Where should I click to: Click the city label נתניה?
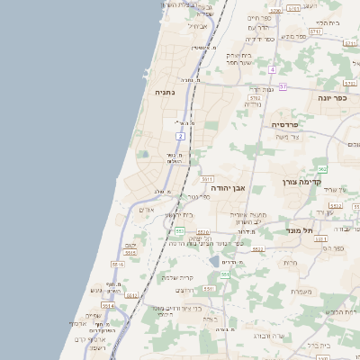tap(164, 92)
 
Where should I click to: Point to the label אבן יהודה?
tap(228, 187)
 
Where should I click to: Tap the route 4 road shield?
tap(273, 69)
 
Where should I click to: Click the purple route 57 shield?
tap(283, 86)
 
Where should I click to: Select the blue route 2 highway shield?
tap(180, 136)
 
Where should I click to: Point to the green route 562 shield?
tap(322, 169)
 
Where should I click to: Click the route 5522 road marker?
tap(258, 248)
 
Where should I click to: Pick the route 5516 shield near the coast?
tap(118, 265)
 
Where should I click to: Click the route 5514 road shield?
tap(108, 306)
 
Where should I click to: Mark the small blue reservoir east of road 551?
tap(213, 262)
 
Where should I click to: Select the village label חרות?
tap(290, 262)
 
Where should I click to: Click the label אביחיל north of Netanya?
tap(200, 25)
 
